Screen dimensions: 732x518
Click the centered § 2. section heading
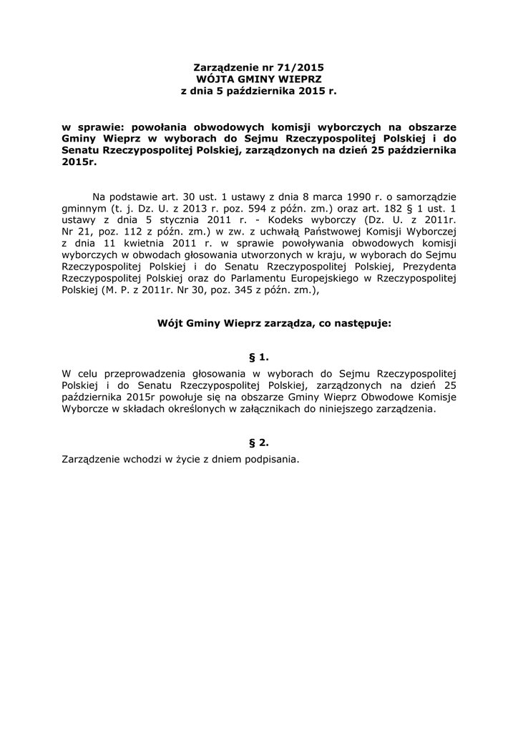[x=259, y=442]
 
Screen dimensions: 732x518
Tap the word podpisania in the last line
[x=270, y=460]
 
